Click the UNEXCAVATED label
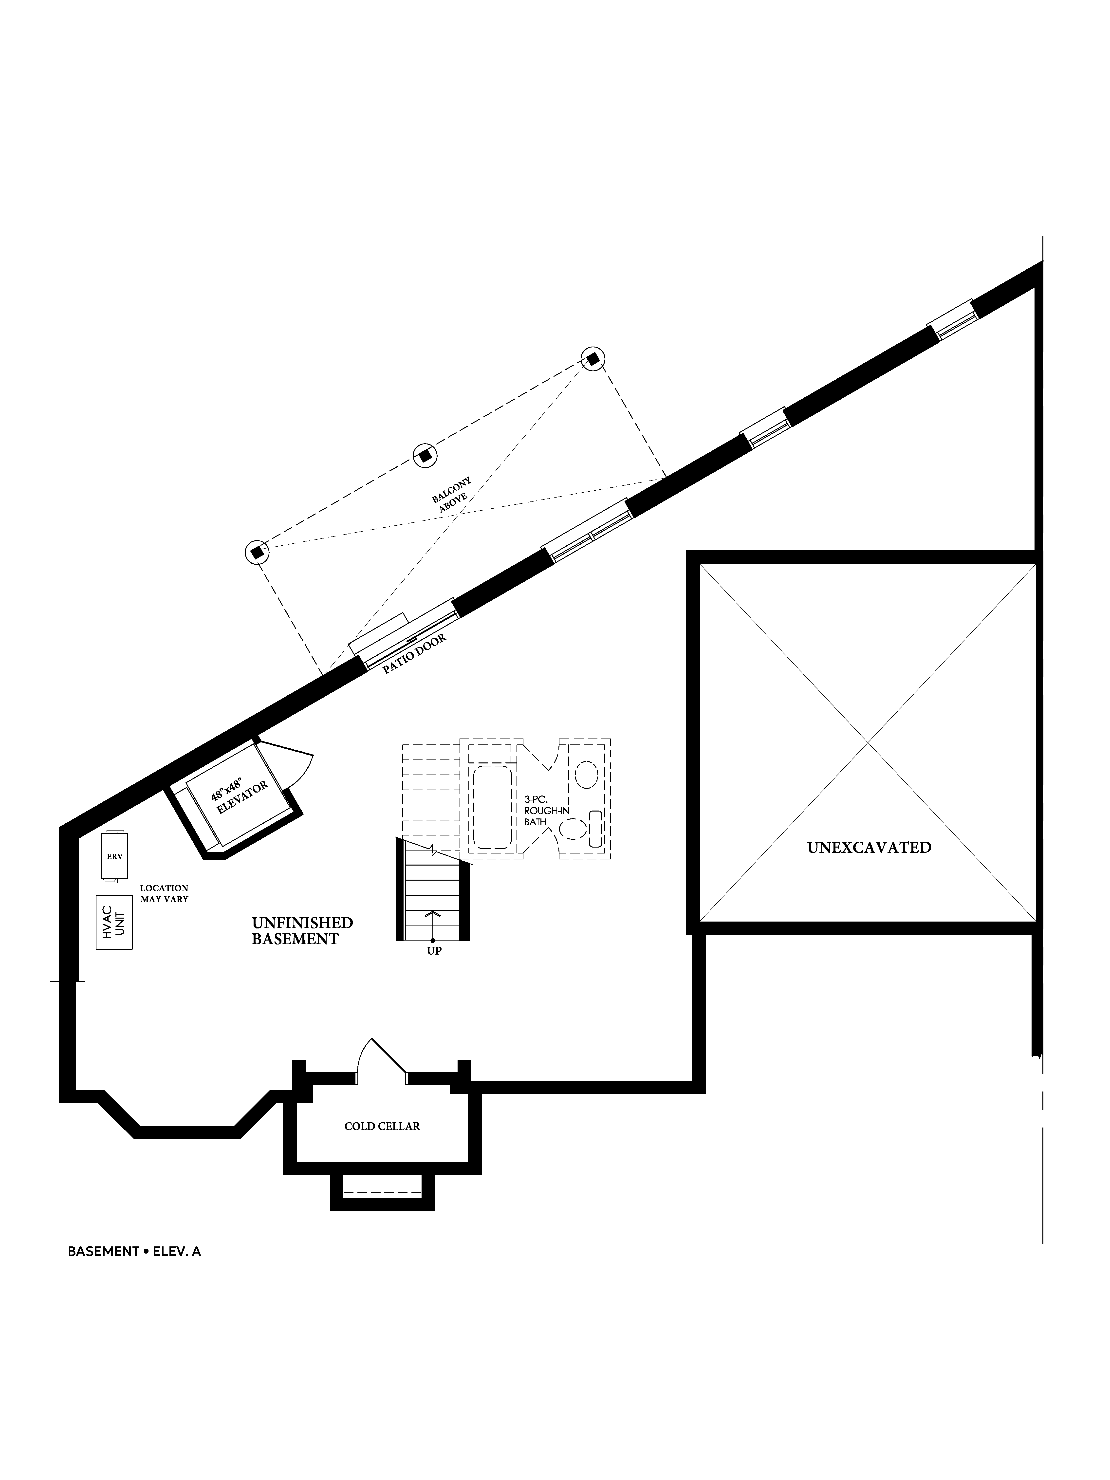[869, 848]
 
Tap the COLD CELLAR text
[382, 1126]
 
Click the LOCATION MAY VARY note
[164, 894]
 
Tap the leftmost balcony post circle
[256, 553]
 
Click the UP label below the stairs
[434, 951]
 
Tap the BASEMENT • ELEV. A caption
[134, 1251]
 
